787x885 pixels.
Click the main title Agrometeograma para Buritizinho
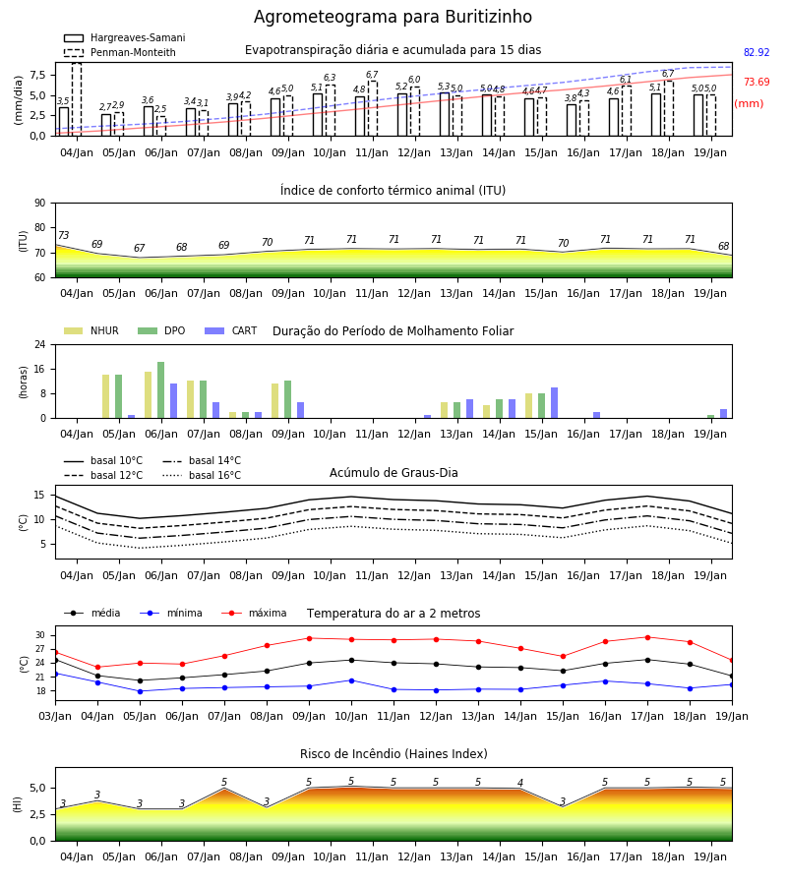pyautogui.click(x=393, y=17)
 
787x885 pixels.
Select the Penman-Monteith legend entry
pyautogui.click(x=120, y=52)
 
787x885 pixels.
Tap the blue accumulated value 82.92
pyautogui.click(x=757, y=52)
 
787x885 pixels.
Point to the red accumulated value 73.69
pyautogui.click(x=757, y=82)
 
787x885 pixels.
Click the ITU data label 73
pyautogui.click(x=63, y=235)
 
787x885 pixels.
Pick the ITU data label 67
pyautogui.click(x=140, y=248)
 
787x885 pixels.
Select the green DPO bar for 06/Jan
pyautogui.click(x=161, y=390)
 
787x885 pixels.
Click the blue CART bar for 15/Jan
pyautogui.click(x=555, y=403)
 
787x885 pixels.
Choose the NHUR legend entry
pyautogui.click(x=91, y=330)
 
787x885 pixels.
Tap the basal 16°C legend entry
pyautogui.click(x=202, y=475)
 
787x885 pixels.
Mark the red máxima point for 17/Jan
pyautogui.click(x=647, y=637)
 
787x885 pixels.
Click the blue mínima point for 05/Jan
pyautogui.click(x=140, y=691)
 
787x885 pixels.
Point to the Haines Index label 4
pyautogui.click(x=520, y=783)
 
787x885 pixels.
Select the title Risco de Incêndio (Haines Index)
pyautogui.click(x=393, y=754)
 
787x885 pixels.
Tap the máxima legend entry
pyautogui.click(x=254, y=613)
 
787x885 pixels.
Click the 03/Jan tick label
pyautogui.click(x=55, y=716)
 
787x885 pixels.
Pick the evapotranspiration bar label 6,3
pyautogui.click(x=330, y=78)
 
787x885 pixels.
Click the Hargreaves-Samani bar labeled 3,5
pyautogui.click(x=64, y=121)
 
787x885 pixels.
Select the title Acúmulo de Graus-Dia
pyautogui.click(x=393, y=472)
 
